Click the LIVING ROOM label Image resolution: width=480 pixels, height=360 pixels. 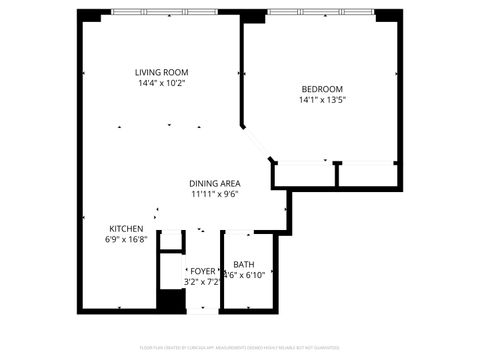162,72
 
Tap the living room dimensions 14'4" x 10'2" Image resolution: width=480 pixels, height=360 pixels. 162,83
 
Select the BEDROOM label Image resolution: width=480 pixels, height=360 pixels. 321,88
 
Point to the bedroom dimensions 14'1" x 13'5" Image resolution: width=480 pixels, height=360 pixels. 321,99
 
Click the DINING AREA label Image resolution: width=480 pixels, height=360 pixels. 215,183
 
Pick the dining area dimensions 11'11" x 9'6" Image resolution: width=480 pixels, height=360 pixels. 215,194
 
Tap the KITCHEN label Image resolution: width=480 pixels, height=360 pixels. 126,229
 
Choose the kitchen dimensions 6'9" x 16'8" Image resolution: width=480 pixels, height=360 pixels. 126,240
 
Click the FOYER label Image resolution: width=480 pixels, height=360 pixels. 203,271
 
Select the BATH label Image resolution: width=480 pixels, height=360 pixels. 244,264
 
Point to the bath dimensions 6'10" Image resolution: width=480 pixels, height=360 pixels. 251,275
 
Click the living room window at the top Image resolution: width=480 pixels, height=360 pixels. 162,12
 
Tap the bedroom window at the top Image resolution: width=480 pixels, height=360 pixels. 321,12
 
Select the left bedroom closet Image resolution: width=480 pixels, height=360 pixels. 304,173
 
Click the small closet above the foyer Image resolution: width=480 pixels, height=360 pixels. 170,240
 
